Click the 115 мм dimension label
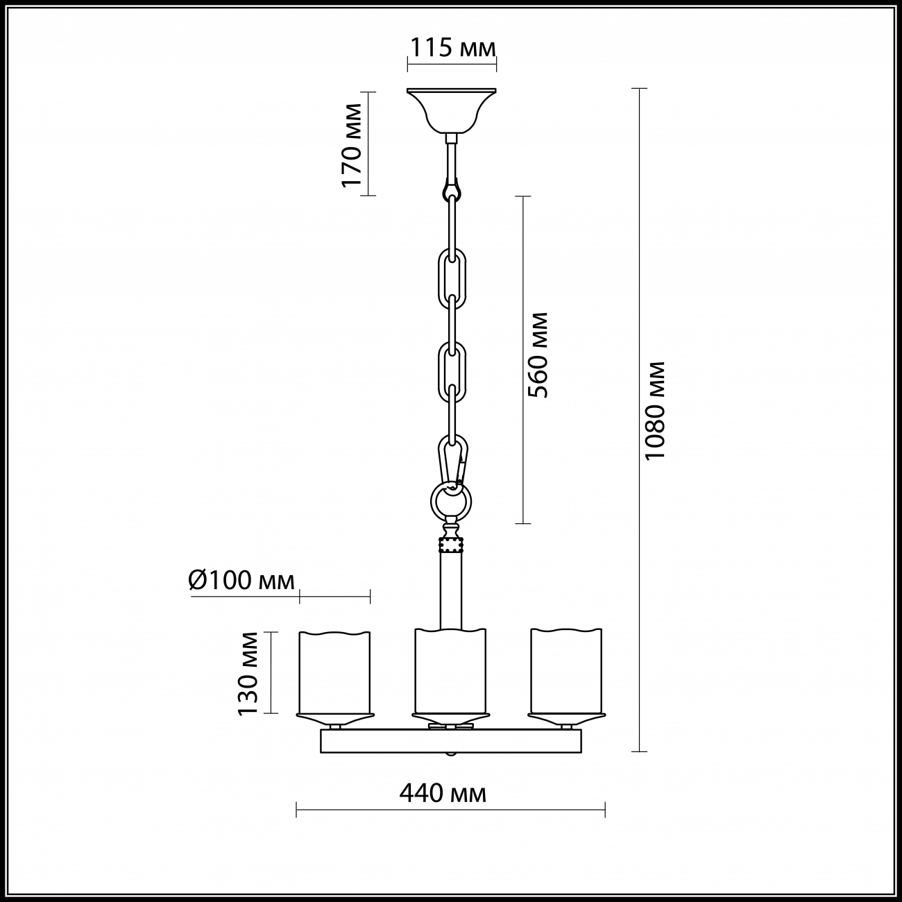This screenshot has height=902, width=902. tap(452, 47)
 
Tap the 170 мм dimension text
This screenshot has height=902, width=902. tap(352, 146)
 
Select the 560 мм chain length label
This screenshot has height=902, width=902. tap(537, 355)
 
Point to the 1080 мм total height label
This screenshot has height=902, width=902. tap(654, 411)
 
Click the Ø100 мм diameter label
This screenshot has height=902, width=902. tap(241, 581)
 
